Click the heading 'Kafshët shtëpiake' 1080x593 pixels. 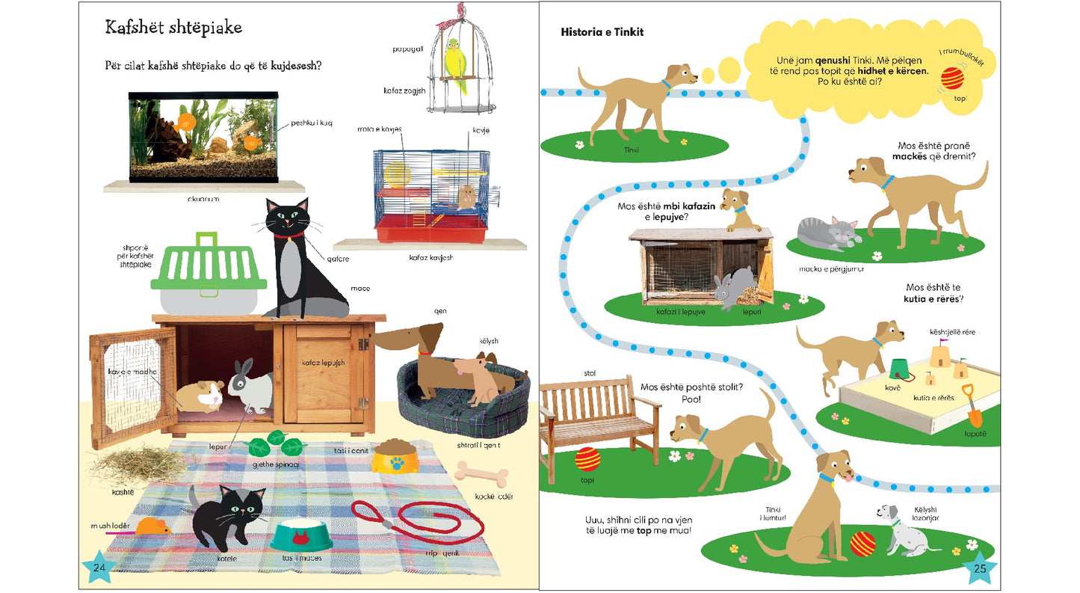pos(173,28)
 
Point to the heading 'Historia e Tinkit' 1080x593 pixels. pos(602,32)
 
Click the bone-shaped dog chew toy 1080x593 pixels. pos(481,473)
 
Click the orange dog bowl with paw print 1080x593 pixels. pos(394,455)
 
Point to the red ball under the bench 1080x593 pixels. pos(587,458)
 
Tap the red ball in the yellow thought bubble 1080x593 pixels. pos(952,79)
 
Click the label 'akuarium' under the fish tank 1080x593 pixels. pos(203,200)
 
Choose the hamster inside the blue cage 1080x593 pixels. pos(466,197)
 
